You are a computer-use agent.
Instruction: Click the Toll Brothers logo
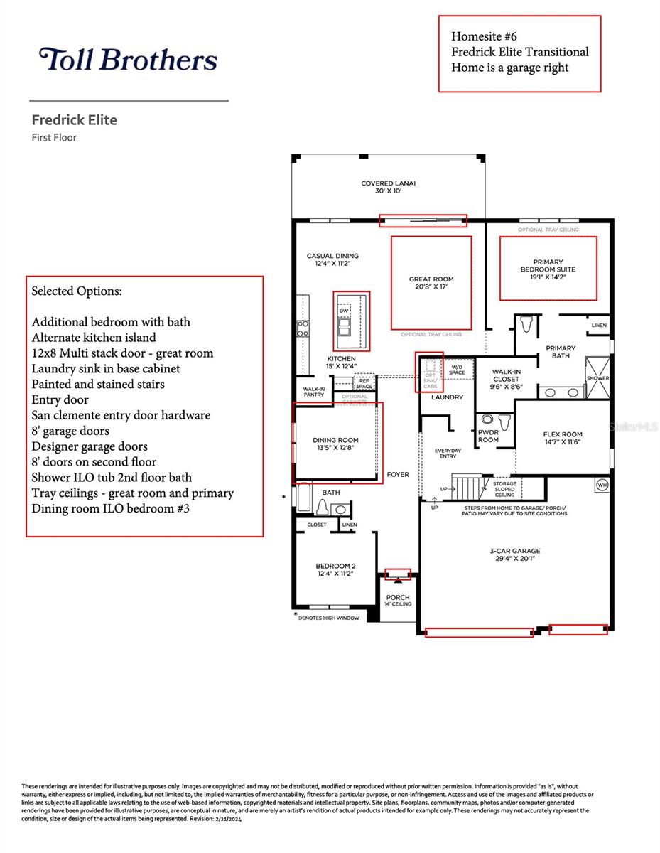[x=128, y=60]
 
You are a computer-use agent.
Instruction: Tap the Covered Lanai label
[x=388, y=187]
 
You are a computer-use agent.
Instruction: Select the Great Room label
[x=431, y=283]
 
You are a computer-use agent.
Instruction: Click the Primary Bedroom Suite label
[x=548, y=270]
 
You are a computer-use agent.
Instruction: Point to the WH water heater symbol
[x=602, y=485]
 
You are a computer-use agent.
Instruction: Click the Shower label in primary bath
[x=597, y=378]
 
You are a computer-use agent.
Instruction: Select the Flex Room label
[x=562, y=438]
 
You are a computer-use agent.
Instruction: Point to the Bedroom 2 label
[x=335, y=569]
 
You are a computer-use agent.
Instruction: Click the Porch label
[x=398, y=600]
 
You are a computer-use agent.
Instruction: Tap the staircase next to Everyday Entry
[x=467, y=488]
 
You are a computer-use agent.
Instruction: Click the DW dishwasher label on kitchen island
[x=344, y=311]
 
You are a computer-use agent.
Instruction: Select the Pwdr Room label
[x=488, y=436]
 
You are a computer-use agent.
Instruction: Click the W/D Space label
[x=457, y=370]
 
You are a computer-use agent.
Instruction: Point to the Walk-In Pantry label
[x=314, y=392]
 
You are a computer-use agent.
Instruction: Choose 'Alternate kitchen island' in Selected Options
[x=94, y=338]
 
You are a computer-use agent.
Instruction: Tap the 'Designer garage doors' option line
[x=90, y=446]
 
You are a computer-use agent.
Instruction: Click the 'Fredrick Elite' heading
[x=74, y=119]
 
